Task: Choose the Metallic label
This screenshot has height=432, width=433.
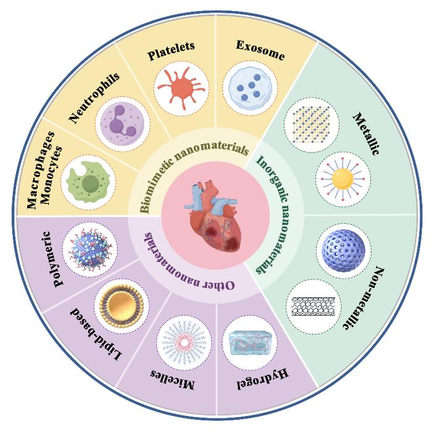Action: pos(365,133)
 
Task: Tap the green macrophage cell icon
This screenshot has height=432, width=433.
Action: pos(90,179)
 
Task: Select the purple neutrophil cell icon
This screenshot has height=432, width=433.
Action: pos(120,120)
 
